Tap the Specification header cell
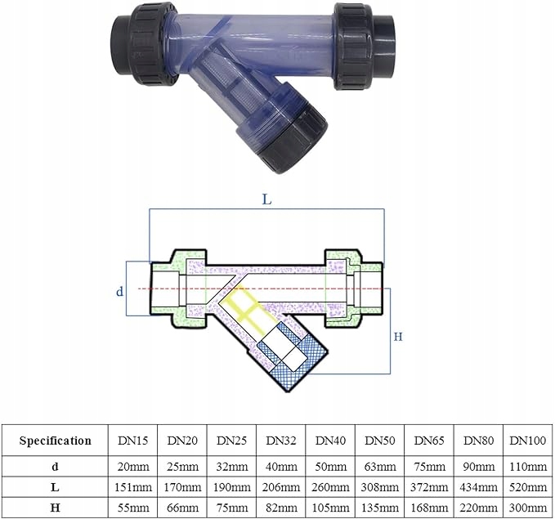click(55, 441)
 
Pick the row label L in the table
click(55, 487)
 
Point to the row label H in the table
click(55, 508)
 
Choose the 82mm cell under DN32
click(281, 508)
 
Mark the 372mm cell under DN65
click(429, 487)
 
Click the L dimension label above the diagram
click(267, 199)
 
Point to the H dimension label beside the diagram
click(399, 336)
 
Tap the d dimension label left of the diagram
click(119, 290)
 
